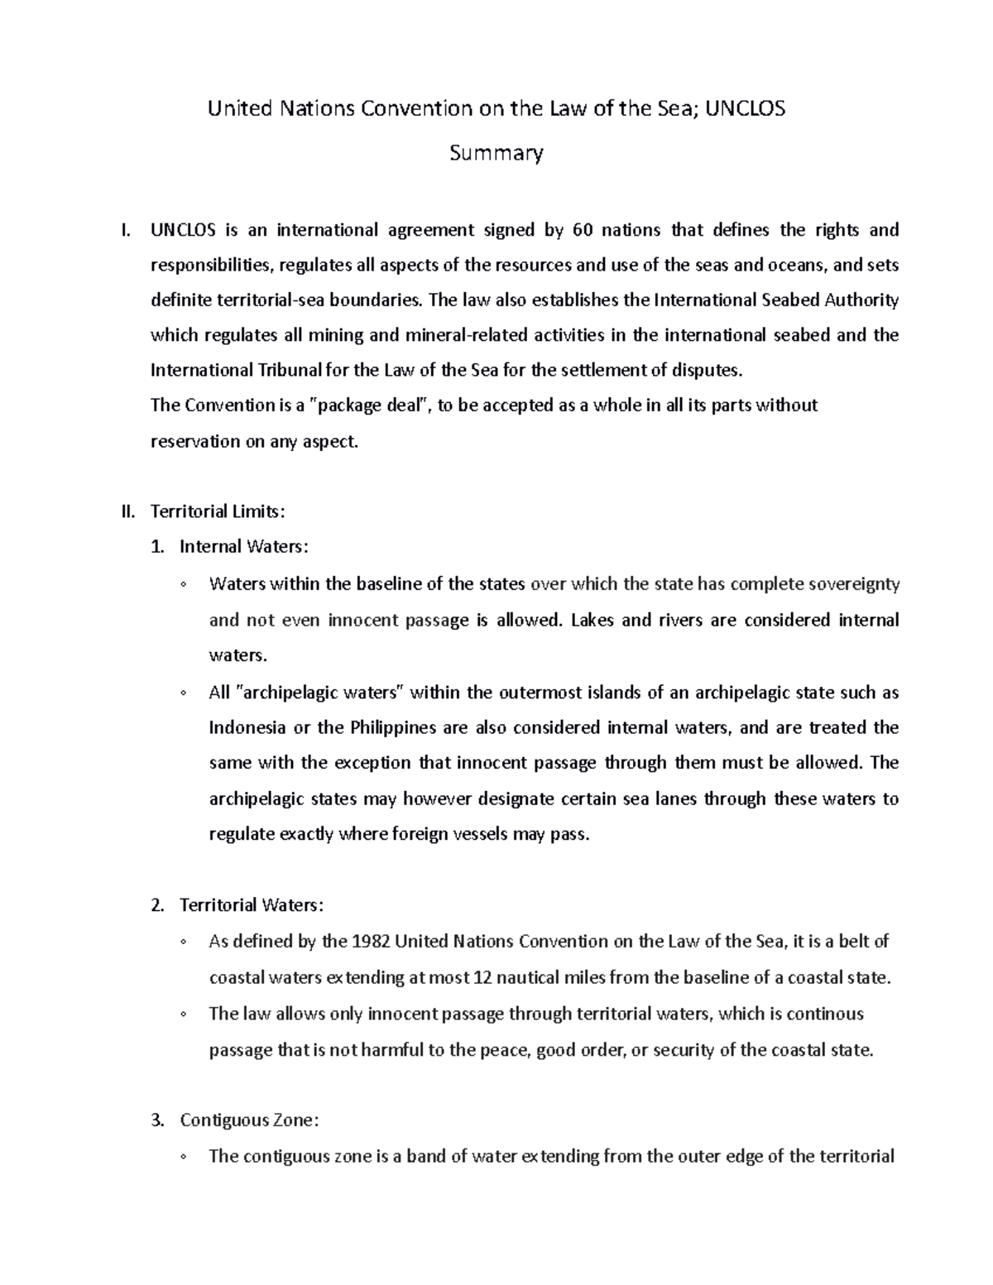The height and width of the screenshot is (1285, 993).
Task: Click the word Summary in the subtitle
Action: (x=496, y=153)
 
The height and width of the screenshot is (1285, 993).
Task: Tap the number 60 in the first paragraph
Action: (x=582, y=229)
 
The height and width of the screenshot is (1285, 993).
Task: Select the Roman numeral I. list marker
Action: (x=125, y=229)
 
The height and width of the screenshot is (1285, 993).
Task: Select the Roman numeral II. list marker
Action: (x=127, y=511)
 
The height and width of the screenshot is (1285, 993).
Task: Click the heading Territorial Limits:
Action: (x=217, y=511)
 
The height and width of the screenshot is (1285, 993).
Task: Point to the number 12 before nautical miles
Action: (x=482, y=978)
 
